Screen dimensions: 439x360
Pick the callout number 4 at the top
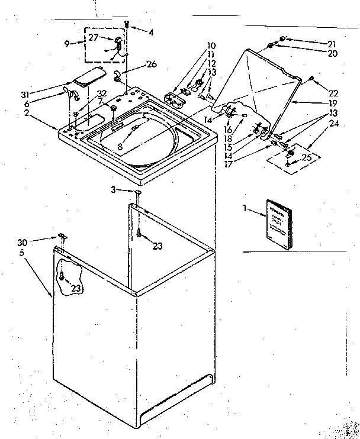150,32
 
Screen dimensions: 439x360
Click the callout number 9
67,43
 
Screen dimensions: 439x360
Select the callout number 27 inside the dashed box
93,37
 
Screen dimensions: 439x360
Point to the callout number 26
152,64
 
